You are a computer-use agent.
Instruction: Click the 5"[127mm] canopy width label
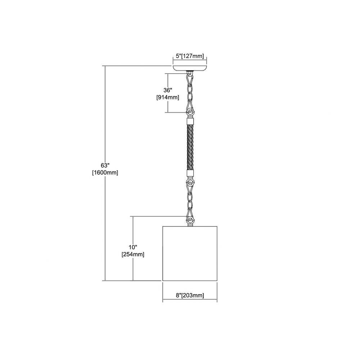(x=190, y=56)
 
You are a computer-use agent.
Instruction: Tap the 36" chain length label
(x=168, y=90)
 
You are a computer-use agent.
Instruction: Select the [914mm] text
(x=168, y=97)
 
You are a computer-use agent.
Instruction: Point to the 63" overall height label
(x=105, y=165)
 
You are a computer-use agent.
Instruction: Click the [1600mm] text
(x=105, y=172)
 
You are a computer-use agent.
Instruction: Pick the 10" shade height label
(x=133, y=247)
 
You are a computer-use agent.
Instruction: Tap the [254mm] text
(x=133, y=255)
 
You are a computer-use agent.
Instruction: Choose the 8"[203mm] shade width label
(x=190, y=295)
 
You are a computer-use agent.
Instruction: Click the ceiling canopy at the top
(x=190, y=68)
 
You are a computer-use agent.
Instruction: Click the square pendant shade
(x=190, y=253)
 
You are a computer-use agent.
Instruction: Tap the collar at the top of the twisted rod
(x=190, y=121)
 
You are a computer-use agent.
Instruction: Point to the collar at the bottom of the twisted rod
(x=190, y=174)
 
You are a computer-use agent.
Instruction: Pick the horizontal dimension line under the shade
(x=190, y=300)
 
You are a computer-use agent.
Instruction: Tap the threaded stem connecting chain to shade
(x=190, y=225)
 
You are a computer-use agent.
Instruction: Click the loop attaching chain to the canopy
(x=190, y=75)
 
